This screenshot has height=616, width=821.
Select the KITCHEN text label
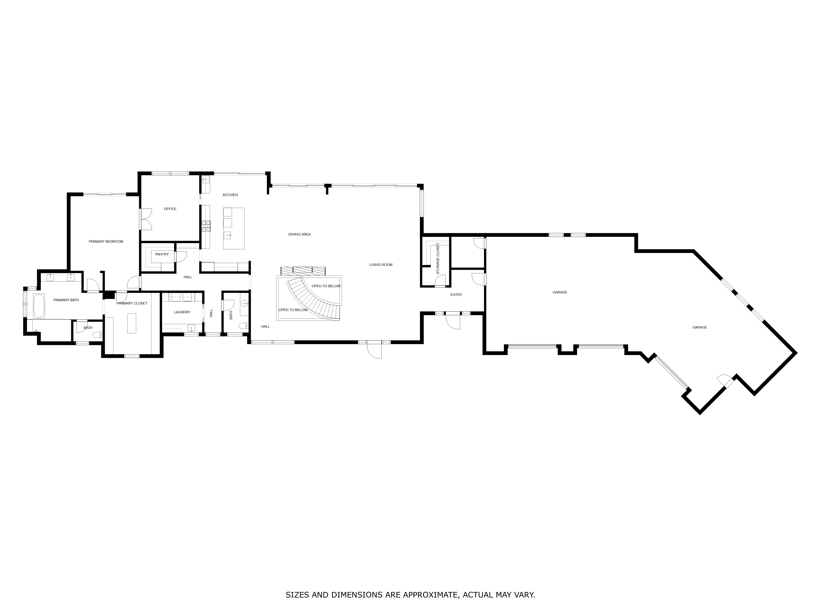230,195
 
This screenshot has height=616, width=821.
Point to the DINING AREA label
299,234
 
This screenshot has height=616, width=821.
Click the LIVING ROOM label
381,265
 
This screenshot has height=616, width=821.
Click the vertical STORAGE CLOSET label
438,259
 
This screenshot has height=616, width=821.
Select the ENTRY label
456,295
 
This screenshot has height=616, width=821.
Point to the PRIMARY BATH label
66,300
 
